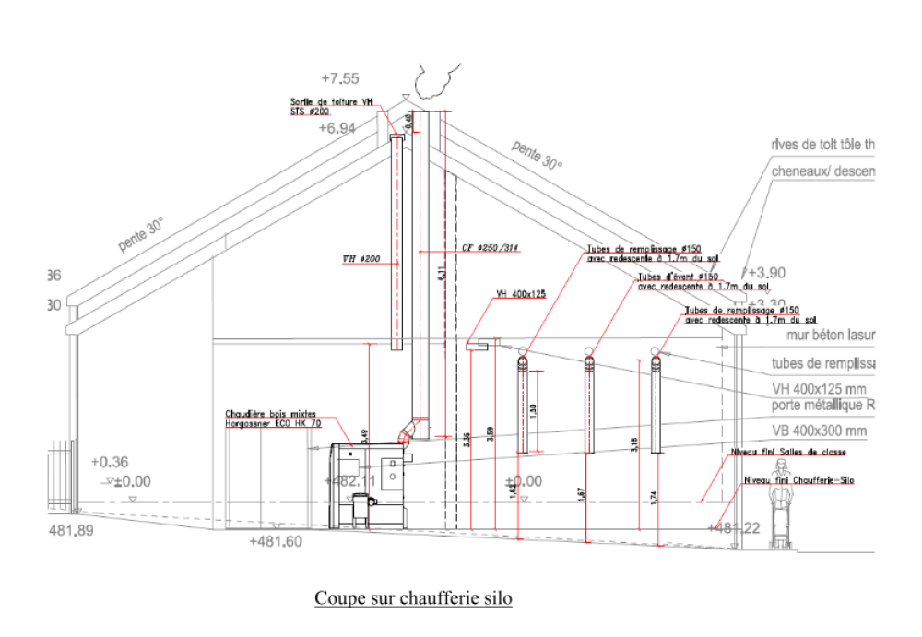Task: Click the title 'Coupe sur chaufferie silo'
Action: pyautogui.click(x=413, y=598)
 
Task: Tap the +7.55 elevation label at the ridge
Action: pyautogui.click(x=340, y=78)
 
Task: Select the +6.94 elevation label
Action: pyautogui.click(x=337, y=129)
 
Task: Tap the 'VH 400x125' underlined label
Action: pyautogui.click(x=521, y=295)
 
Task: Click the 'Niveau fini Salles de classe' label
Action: pyautogui.click(x=787, y=453)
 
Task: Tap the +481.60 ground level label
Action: pyautogui.click(x=276, y=542)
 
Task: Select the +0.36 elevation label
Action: pyautogui.click(x=110, y=463)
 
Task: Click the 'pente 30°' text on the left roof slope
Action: pyautogui.click(x=140, y=235)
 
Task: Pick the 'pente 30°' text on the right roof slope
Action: pyautogui.click(x=537, y=156)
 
